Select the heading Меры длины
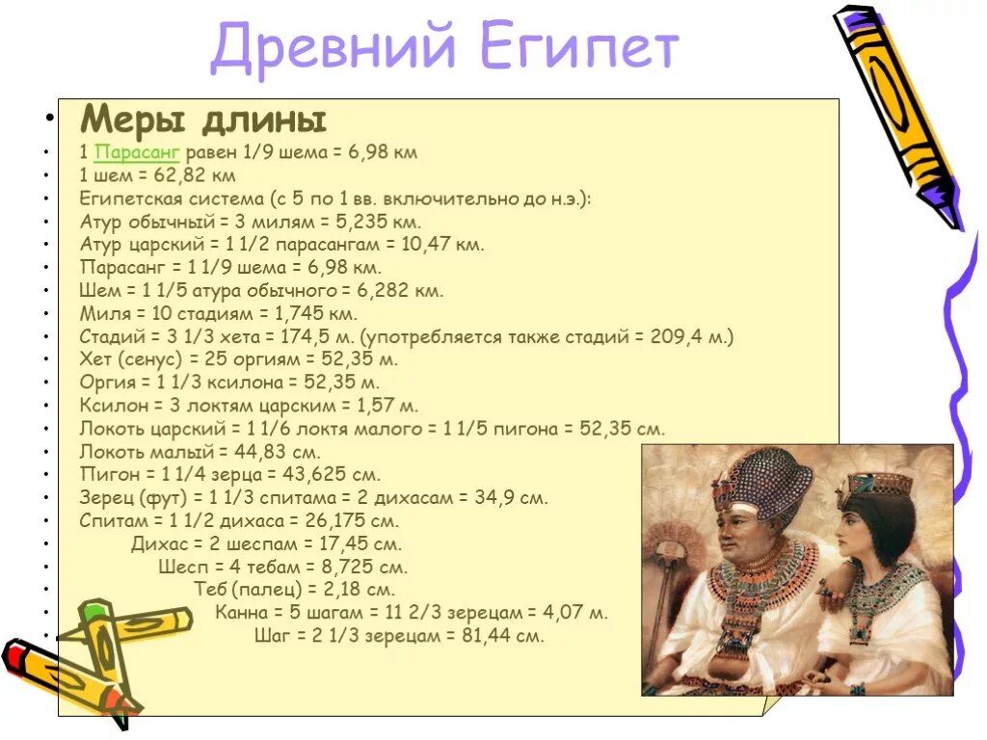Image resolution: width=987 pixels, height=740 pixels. coord(203,121)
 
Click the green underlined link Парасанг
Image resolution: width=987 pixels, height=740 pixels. coord(138,153)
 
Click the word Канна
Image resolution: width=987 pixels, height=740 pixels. coord(241,613)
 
